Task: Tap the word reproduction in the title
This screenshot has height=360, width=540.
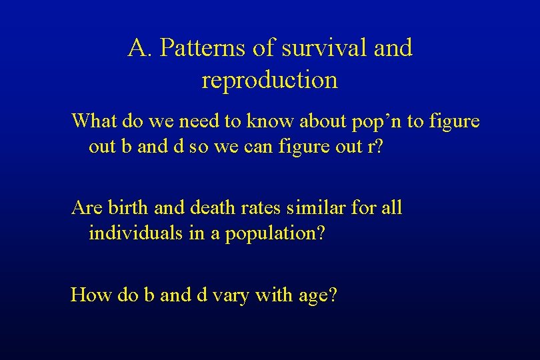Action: (x=269, y=80)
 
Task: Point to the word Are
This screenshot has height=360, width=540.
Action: (x=85, y=208)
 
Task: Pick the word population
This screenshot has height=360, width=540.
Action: (x=272, y=235)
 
